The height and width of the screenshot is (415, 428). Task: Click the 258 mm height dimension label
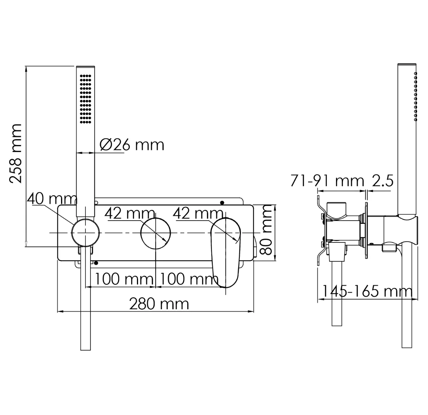coord(15,153)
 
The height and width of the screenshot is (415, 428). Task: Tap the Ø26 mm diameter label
coord(132,145)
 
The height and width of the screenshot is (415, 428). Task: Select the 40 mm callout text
coord(52,198)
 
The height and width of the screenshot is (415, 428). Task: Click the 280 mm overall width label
coord(159,304)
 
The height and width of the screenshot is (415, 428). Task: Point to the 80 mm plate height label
coord(266,230)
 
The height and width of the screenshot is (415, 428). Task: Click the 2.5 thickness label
coord(383,181)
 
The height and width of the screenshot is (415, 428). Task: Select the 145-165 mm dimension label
coord(367,291)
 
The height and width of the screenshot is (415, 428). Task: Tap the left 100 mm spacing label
coord(124,279)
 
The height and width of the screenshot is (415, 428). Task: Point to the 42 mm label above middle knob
coord(130,213)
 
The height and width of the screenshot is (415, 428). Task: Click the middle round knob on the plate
coord(156,233)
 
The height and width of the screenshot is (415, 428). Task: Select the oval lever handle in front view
coord(226,253)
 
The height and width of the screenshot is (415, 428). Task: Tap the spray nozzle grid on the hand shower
coord(86,99)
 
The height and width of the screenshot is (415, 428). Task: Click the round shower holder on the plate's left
coord(85,233)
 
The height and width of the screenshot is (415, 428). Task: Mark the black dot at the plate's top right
coord(222,202)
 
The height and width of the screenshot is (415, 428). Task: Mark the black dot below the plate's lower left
coord(96,263)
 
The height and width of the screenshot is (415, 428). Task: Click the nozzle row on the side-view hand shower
coord(416,97)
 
